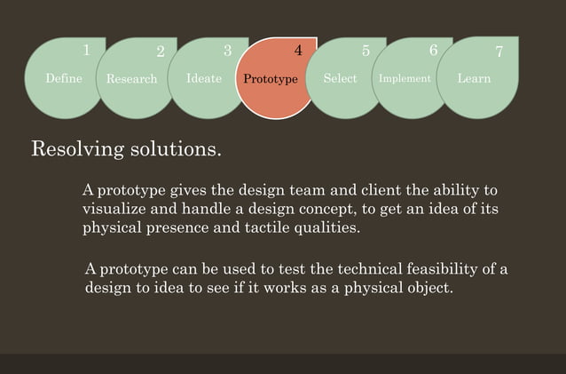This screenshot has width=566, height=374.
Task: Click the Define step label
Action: [x=64, y=78]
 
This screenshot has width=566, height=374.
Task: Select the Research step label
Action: [x=131, y=79]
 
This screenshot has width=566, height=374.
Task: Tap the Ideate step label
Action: [x=204, y=78]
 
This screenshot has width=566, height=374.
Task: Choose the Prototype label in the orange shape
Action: [x=271, y=79]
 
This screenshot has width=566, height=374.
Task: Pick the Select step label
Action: [x=340, y=78]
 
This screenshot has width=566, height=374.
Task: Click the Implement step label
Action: [x=405, y=78]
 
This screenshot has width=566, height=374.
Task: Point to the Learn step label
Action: [x=474, y=78]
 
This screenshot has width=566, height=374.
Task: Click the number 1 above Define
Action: [x=86, y=51]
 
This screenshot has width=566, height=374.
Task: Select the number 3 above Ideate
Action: [x=228, y=51]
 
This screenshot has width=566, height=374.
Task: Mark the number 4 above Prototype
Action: [x=298, y=52]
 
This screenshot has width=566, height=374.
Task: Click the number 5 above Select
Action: [x=366, y=52]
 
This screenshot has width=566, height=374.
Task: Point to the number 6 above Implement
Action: [x=433, y=51]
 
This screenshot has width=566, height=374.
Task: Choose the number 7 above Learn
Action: [x=499, y=52]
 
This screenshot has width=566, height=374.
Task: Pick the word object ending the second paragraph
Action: [x=429, y=289]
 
